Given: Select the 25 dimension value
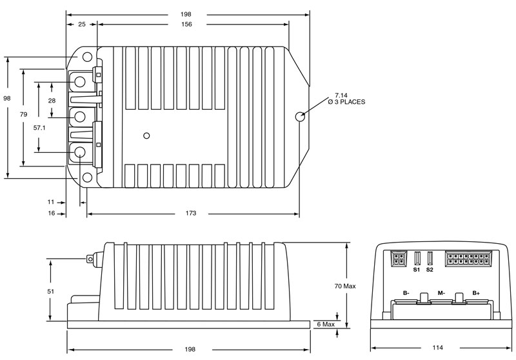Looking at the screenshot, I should click(81, 24).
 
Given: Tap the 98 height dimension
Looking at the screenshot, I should click(7, 98).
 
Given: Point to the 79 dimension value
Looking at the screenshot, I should click(23, 114).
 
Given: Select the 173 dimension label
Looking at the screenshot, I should click(192, 213).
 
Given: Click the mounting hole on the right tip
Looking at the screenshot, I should click(300, 117).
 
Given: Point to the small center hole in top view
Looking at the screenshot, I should click(147, 135).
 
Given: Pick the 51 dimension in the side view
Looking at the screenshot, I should click(51, 291).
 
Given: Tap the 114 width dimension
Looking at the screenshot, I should click(437, 348).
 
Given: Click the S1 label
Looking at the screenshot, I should click(417, 269).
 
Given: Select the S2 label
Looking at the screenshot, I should click(430, 269).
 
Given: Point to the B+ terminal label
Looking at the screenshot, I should click(476, 292).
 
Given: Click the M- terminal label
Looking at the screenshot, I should click(441, 292).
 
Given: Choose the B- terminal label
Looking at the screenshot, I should click(406, 292).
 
